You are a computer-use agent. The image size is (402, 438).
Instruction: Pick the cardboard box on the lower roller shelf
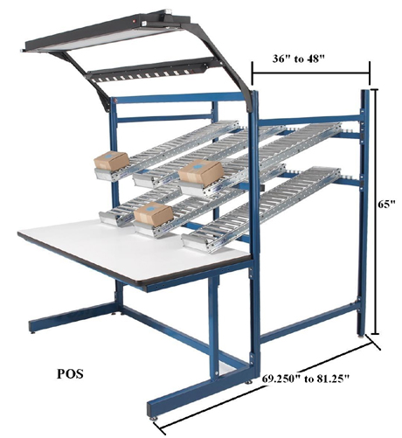152,214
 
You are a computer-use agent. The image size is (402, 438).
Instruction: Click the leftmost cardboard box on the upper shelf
112,161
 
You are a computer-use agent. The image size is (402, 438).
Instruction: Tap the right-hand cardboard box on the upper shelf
199,172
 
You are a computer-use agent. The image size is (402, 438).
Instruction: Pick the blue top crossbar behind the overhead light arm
175,99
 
